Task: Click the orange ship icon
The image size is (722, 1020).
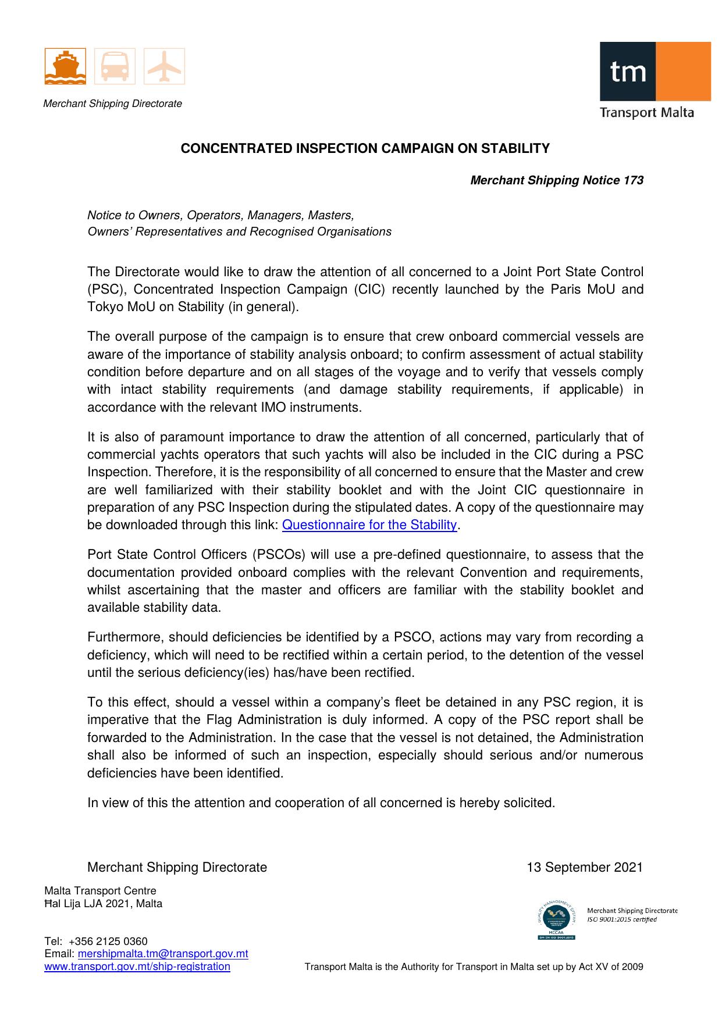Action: point(65,66)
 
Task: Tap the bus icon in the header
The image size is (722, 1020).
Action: point(115,66)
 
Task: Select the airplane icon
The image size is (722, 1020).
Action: point(164,66)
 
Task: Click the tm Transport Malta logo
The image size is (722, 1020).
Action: point(655,80)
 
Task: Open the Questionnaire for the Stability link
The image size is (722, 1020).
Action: point(369,525)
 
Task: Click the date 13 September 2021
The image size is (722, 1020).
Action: point(585,868)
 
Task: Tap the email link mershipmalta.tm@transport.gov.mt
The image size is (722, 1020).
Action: point(163,954)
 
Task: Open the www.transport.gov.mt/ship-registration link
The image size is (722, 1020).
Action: point(137,966)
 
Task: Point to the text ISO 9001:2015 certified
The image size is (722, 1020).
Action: point(622,919)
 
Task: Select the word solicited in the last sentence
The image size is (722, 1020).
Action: point(528,803)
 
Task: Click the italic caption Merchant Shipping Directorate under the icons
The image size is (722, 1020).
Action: point(113,104)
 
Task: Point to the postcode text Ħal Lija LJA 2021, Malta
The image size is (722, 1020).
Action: point(104,904)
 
